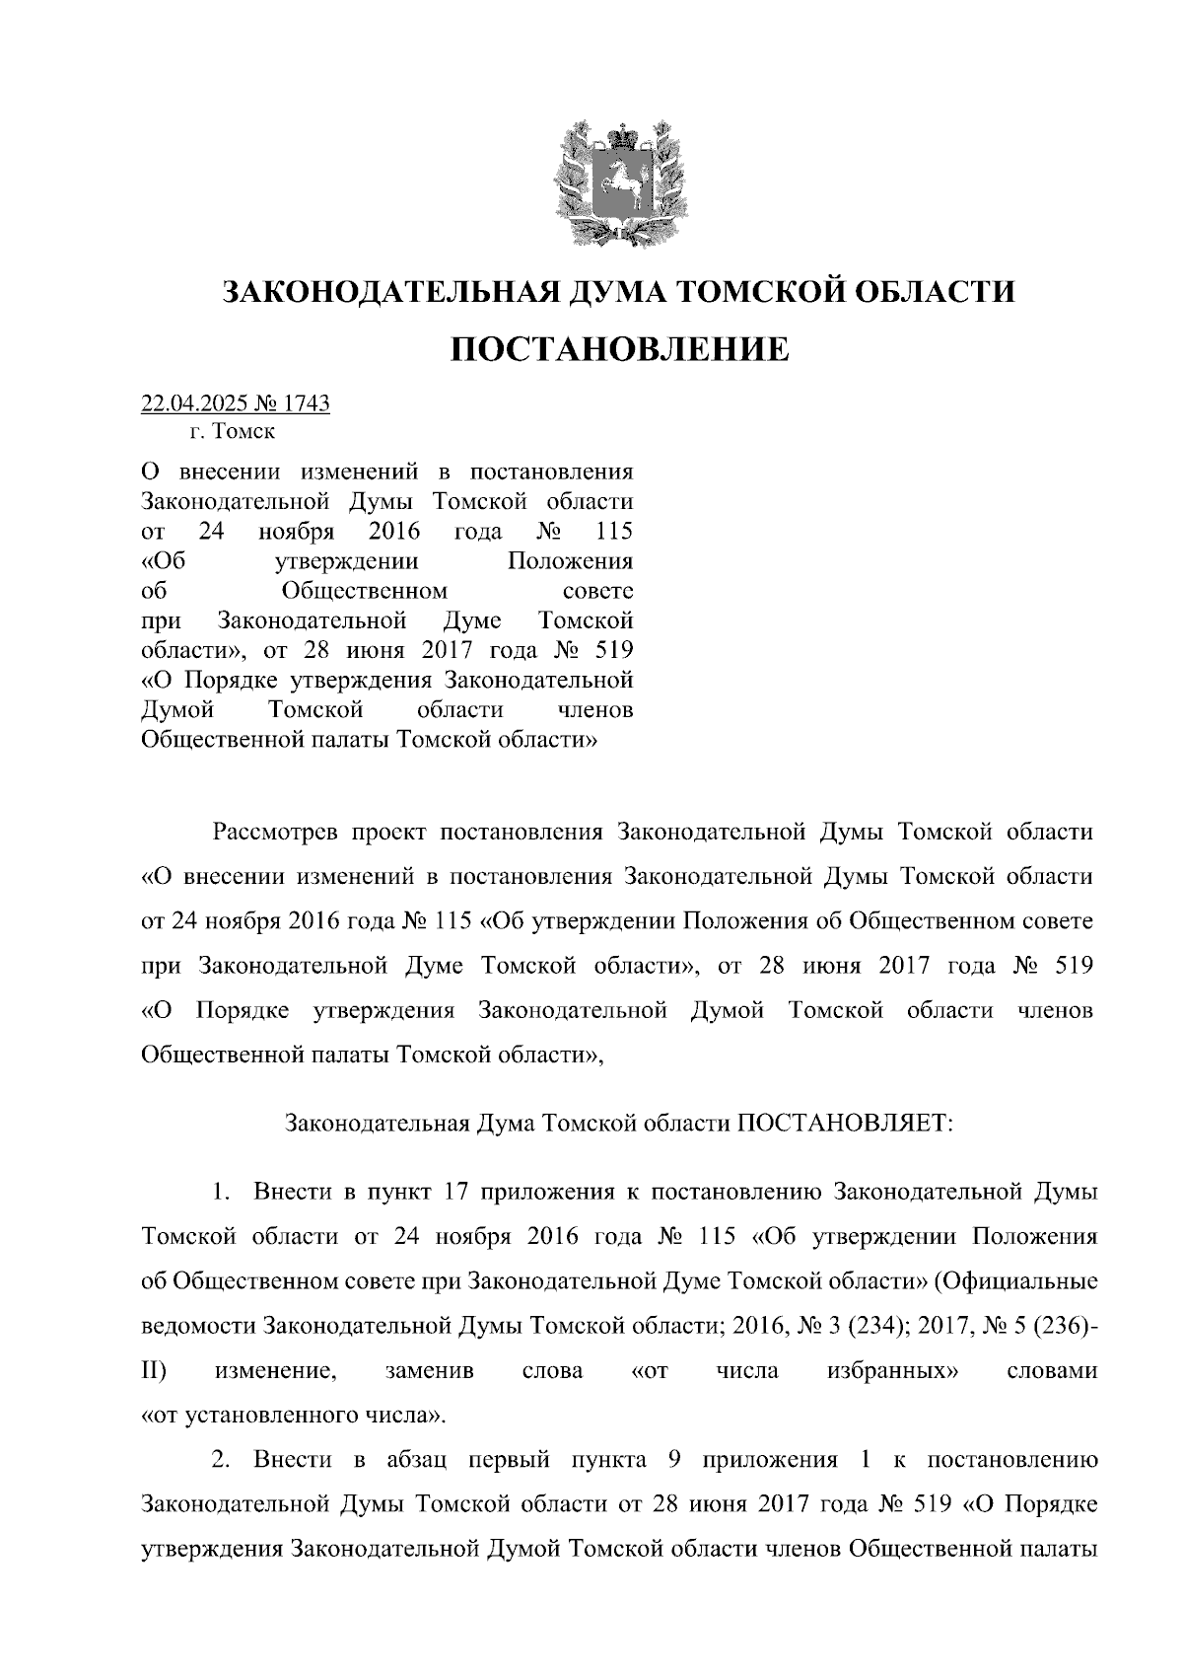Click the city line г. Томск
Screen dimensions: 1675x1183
coord(233,431)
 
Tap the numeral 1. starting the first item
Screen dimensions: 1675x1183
coord(220,1192)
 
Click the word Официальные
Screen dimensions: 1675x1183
coord(1015,1281)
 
